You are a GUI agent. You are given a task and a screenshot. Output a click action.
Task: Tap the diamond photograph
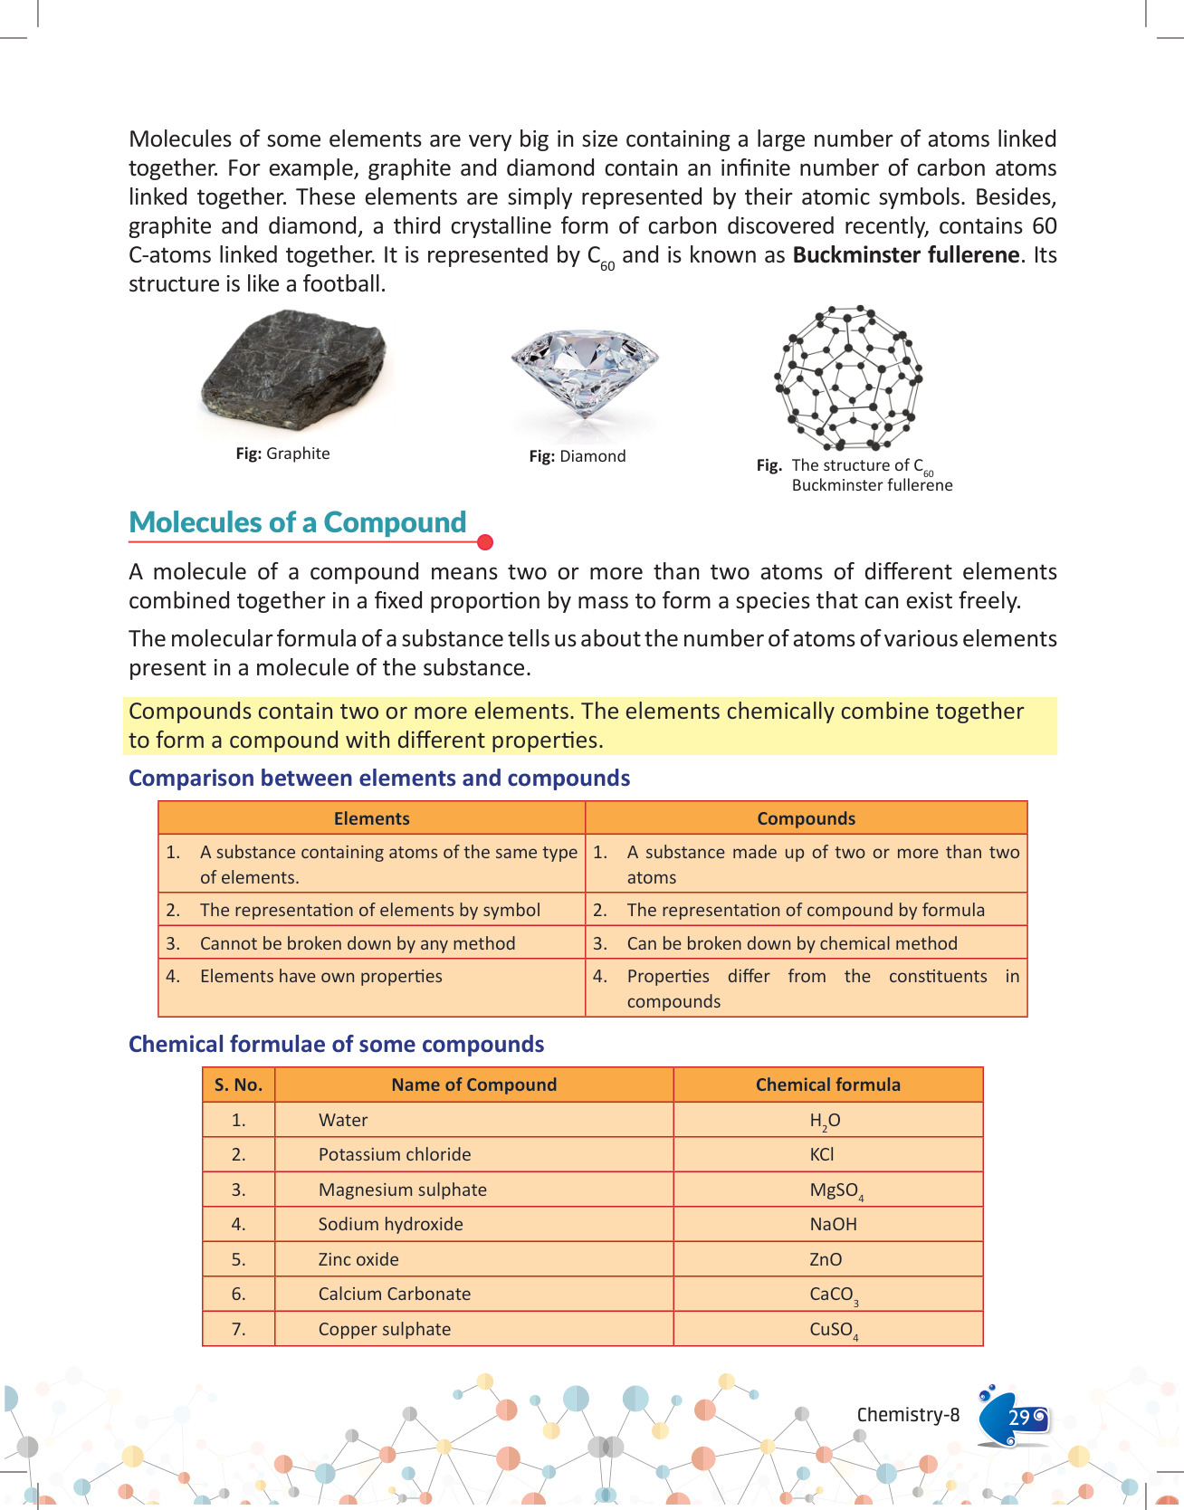coord(585,371)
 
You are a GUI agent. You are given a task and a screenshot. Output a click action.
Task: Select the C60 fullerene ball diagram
coord(848,377)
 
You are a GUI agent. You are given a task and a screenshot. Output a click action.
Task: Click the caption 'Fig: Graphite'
coord(282,454)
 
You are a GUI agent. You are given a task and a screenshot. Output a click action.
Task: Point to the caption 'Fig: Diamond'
coord(578,456)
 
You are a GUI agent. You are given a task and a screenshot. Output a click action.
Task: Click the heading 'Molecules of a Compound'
coord(298,522)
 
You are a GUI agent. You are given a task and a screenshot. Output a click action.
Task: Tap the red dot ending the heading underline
coord(485,542)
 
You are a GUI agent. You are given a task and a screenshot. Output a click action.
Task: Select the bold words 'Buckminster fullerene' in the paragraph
coord(906,255)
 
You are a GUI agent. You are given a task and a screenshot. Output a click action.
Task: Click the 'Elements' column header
coord(371,818)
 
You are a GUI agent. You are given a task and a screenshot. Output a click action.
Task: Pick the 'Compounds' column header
coord(806,818)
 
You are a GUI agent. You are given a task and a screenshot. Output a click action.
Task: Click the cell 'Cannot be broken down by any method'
coord(358,943)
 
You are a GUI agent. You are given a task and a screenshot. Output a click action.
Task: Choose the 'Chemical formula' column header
coord(827,1085)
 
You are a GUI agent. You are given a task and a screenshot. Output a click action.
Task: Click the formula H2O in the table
coord(825,1121)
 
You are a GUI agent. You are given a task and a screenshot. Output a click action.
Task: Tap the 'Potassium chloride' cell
coord(395,1154)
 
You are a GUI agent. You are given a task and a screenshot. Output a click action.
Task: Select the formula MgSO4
coord(835,1190)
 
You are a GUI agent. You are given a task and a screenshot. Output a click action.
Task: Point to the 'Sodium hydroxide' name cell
coord(390,1224)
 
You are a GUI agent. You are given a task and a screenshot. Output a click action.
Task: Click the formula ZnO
coord(826,1259)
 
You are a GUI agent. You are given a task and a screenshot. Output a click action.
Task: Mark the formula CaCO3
coord(833,1295)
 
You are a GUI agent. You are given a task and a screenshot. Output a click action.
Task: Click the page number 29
coord(1019,1418)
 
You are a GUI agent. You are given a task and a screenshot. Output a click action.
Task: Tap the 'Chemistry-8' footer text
coord(908,1415)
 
